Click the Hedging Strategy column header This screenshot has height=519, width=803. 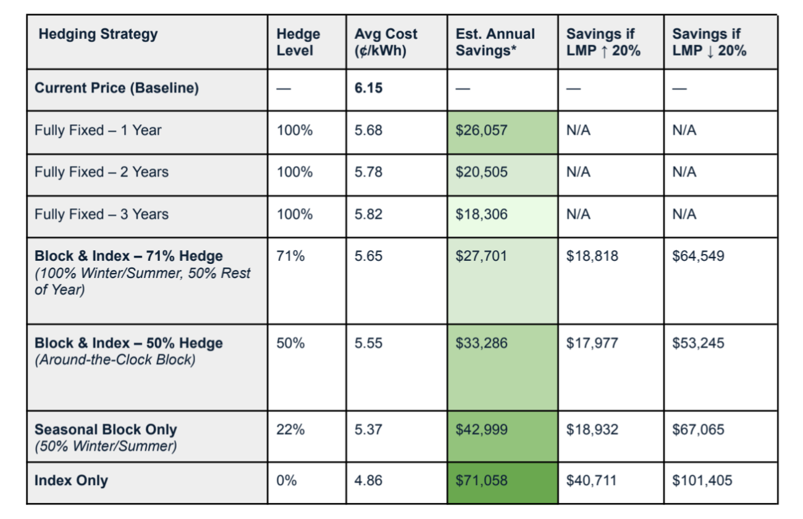pyautogui.click(x=98, y=34)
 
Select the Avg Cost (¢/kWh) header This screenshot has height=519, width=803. pyautogui.click(x=386, y=42)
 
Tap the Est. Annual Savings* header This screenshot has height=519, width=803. pyautogui.click(x=495, y=42)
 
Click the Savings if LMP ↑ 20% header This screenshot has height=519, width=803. pyautogui.click(x=603, y=42)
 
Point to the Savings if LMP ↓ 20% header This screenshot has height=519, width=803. pyautogui.click(x=709, y=42)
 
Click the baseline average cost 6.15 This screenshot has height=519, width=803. pyautogui.click(x=368, y=88)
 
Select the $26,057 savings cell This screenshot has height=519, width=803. pyautogui.click(x=482, y=130)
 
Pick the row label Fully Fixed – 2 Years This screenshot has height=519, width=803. pyautogui.click(x=101, y=172)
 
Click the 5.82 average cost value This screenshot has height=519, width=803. pyautogui.click(x=368, y=214)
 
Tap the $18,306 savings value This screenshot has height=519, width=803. pyautogui.click(x=482, y=214)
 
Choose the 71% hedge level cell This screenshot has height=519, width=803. pyautogui.click(x=290, y=256)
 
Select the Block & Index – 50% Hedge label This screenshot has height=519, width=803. pyautogui.click(x=128, y=343)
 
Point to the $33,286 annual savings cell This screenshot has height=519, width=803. pyautogui.click(x=482, y=343)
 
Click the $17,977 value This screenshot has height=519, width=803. pyautogui.click(x=592, y=343)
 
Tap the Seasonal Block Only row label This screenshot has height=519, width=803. pyautogui.click(x=106, y=429)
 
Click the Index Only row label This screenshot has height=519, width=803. pyautogui.click(x=71, y=481)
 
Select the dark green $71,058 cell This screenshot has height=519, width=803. pyautogui.click(x=482, y=481)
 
